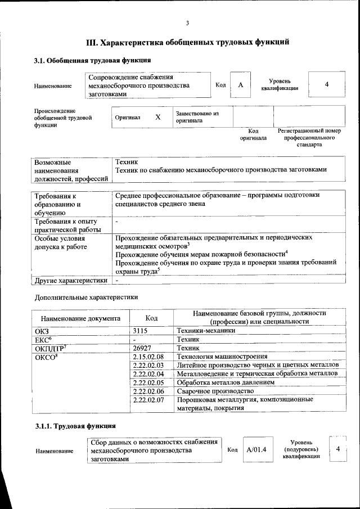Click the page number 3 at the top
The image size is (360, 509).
pos(187,22)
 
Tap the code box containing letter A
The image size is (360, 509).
pos(240,85)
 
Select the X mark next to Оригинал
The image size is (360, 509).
pos(158,117)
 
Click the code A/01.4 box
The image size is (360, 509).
pos(256,450)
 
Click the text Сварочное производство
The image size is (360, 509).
pos(211,391)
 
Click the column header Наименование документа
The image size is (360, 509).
pos(80,318)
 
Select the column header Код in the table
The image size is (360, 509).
pos(151,318)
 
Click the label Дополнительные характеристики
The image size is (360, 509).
pos(86,297)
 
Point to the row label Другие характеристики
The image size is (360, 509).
pos(71,280)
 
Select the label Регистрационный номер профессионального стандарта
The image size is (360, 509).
pos(310,138)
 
